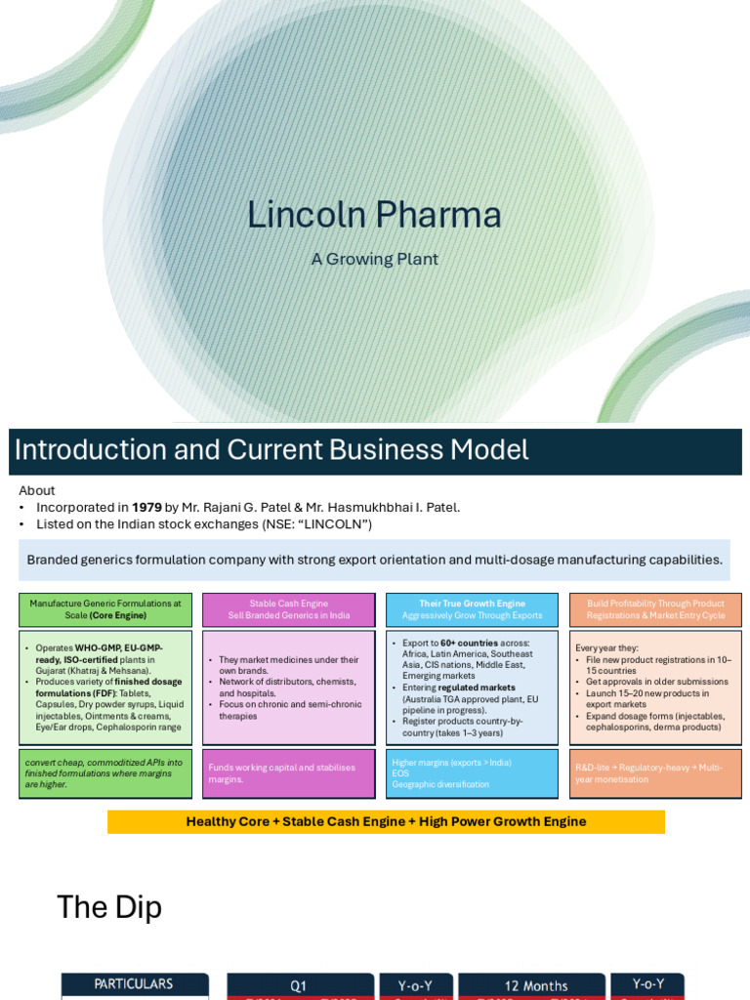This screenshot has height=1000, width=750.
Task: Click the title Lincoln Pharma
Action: pyautogui.click(x=374, y=215)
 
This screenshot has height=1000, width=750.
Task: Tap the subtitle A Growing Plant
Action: pyautogui.click(x=374, y=259)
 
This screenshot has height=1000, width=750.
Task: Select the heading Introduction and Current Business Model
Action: pyautogui.click(x=271, y=450)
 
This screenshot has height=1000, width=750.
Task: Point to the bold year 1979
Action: pyautogui.click(x=146, y=507)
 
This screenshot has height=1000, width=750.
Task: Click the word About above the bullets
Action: pyautogui.click(x=37, y=490)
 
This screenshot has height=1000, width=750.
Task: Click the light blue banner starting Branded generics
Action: pyautogui.click(x=374, y=560)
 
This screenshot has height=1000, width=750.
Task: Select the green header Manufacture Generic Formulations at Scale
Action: pyautogui.click(x=105, y=609)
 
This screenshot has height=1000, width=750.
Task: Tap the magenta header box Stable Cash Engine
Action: pyautogui.click(x=288, y=609)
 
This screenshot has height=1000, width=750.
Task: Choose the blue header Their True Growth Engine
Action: pyautogui.click(x=472, y=609)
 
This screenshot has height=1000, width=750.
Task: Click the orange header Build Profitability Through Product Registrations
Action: pyautogui.click(x=655, y=609)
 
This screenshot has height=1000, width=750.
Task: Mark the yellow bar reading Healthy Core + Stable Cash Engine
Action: pyautogui.click(x=386, y=821)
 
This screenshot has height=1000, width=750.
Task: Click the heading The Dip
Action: pyautogui.click(x=109, y=907)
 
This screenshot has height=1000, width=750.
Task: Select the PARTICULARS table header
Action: pyautogui.click(x=134, y=984)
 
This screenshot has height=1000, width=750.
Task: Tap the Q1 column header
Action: pyautogui.click(x=299, y=985)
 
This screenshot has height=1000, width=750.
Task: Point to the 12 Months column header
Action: pyautogui.click(x=531, y=985)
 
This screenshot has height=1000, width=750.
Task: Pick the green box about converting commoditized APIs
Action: pyautogui.click(x=105, y=773)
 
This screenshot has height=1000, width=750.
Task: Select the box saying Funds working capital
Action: pyautogui.click(x=288, y=773)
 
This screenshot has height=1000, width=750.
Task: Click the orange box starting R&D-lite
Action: pyautogui.click(x=655, y=773)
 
